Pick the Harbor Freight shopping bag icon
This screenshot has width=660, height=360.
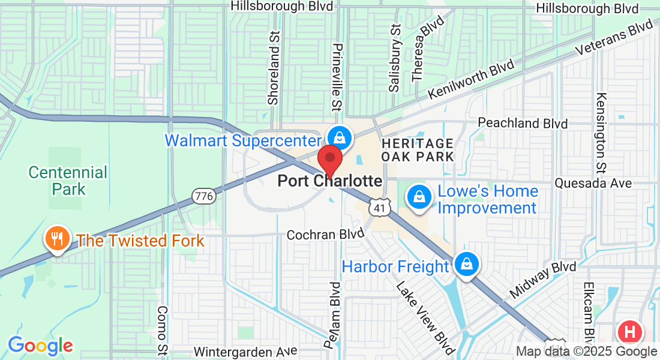[x=466, y=263]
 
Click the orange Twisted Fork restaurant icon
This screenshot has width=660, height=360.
[x=58, y=239]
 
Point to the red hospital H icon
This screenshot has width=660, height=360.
[x=630, y=332]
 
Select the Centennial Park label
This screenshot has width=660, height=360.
[x=68, y=181]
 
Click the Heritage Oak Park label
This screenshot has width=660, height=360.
[x=417, y=150]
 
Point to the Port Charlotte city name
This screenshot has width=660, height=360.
[x=329, y=181]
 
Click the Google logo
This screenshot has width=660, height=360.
[x=40, y=346]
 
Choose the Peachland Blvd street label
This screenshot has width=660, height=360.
[x=523, y=123]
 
